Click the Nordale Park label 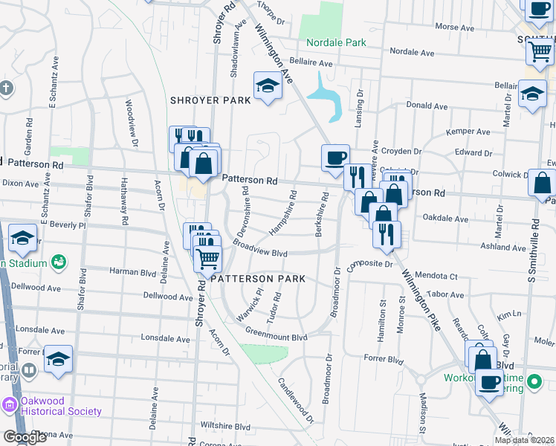[335, 42]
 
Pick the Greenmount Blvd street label [276, 337]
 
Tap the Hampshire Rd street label [283, 214]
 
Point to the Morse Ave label [454, 27]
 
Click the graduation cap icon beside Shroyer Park [266, 86]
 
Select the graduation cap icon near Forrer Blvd [58, 360]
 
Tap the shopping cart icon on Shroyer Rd [208, 259]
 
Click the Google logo [25, 437]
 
